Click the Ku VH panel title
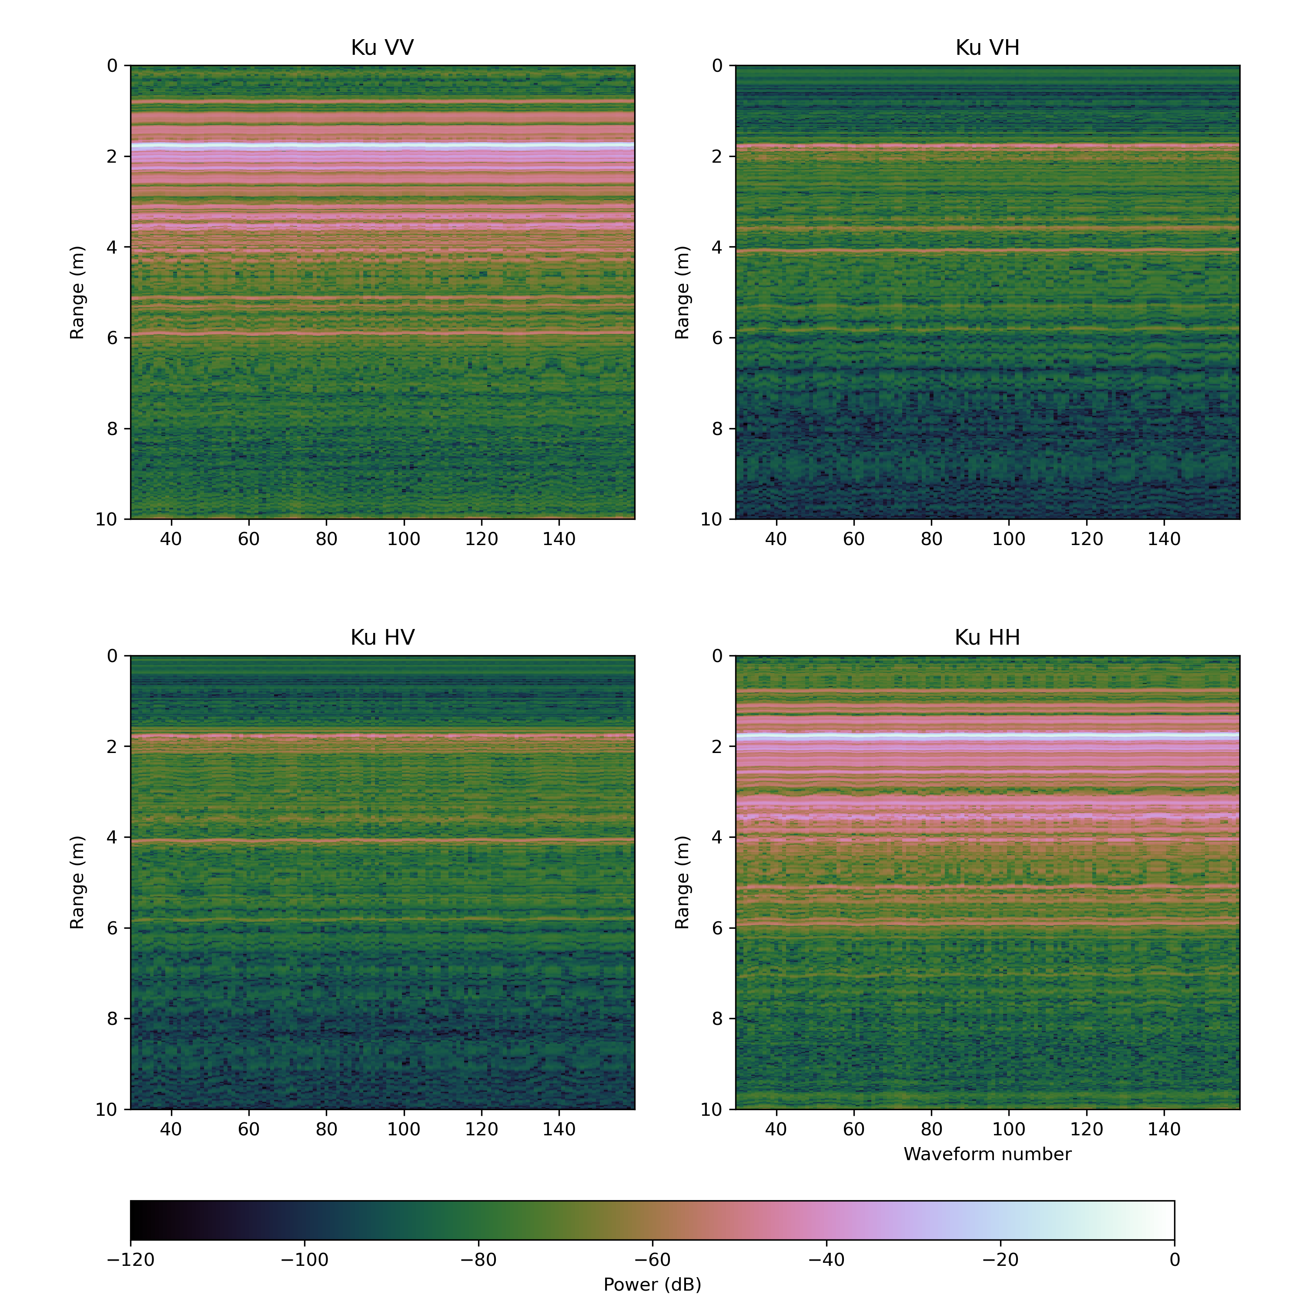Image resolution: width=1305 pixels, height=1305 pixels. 987,48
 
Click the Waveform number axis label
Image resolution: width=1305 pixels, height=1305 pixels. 987,1154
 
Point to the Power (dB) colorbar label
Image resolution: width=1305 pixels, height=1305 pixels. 652,1284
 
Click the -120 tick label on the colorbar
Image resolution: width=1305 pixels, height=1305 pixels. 130,1260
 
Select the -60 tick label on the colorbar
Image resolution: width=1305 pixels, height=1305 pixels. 652,1260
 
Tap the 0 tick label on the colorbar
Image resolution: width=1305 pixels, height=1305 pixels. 1174,1260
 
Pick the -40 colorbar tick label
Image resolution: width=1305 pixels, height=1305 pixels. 826,1260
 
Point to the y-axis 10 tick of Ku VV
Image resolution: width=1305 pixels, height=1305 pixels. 107,519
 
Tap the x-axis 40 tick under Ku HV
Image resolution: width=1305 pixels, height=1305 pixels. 171,1129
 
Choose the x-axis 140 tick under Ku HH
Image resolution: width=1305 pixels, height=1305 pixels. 1164,1129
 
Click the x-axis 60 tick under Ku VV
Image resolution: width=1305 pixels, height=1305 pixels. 248,539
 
